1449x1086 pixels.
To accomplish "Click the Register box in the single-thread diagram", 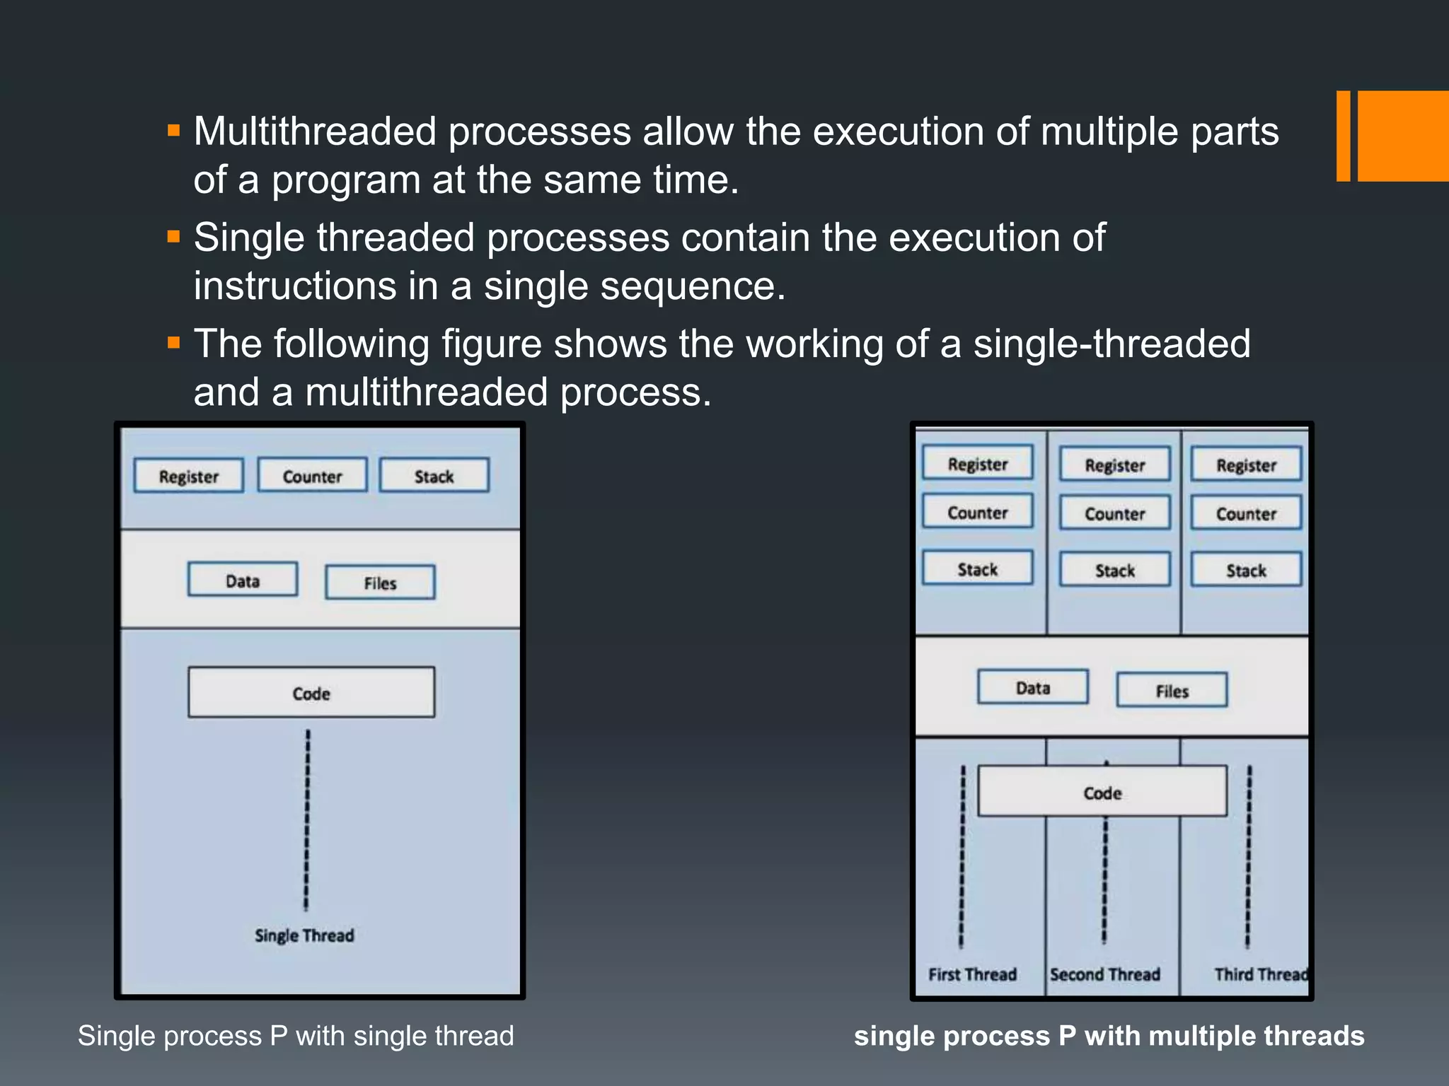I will click(189, 476).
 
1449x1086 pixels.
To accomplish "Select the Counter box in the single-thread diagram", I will click(312, 476).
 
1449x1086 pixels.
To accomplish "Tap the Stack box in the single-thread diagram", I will click(434, 476).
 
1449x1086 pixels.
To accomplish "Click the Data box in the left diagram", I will click(243, 580).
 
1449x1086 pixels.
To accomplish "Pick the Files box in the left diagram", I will click(380, 583).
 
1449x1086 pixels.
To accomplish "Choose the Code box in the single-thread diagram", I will click(311, 693).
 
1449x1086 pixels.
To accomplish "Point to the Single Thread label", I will click(304, 935).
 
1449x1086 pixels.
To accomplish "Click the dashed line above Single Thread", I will click(307, 820).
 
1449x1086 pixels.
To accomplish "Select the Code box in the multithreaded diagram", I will click(1102, 792).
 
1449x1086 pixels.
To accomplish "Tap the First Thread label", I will click(972, 974).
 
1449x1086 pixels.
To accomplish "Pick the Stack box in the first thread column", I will click(977, 568).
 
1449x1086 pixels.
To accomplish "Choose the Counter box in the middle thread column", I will click(1114, 513).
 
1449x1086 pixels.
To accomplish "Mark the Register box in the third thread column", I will click(1246, 465).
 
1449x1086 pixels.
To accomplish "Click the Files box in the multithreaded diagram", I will click(1172, 690).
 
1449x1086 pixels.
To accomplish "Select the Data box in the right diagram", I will click(1033, 687).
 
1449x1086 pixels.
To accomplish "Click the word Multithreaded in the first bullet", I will click(315, 132).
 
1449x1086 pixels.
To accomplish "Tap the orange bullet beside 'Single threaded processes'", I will click(174, 236).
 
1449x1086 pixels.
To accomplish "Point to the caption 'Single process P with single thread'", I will click(296, 1036).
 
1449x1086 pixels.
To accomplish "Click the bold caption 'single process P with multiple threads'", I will click(1109, 1036).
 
